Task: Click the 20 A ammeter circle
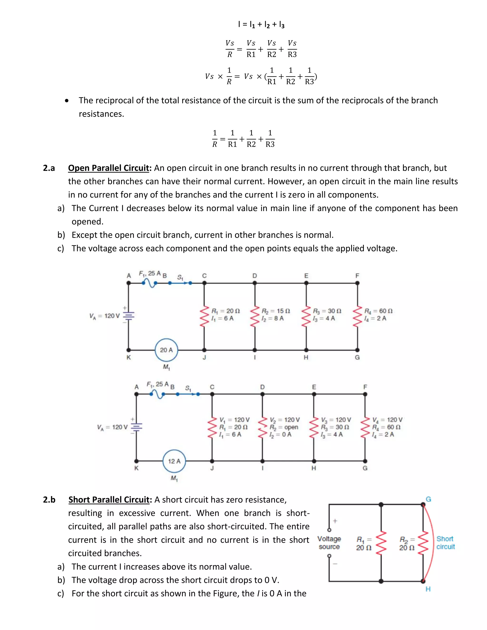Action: [x=166, y=350]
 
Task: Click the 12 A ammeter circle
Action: [x=174, y=461]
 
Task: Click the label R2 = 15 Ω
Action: [x=276, y=311]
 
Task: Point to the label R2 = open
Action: [x=284, y=427]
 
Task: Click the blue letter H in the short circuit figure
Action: [x=428, y=589]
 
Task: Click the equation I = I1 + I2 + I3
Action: [x=261, y=24]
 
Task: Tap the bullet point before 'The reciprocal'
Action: [x=67, y=101]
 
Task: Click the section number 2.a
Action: [x=49, y=168]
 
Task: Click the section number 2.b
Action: [x=49, y=500]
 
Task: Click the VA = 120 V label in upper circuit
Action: [x=104, y=316]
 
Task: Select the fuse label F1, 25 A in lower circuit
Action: [x=157, y=384]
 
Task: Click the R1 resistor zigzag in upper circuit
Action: [x=205, y=316]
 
